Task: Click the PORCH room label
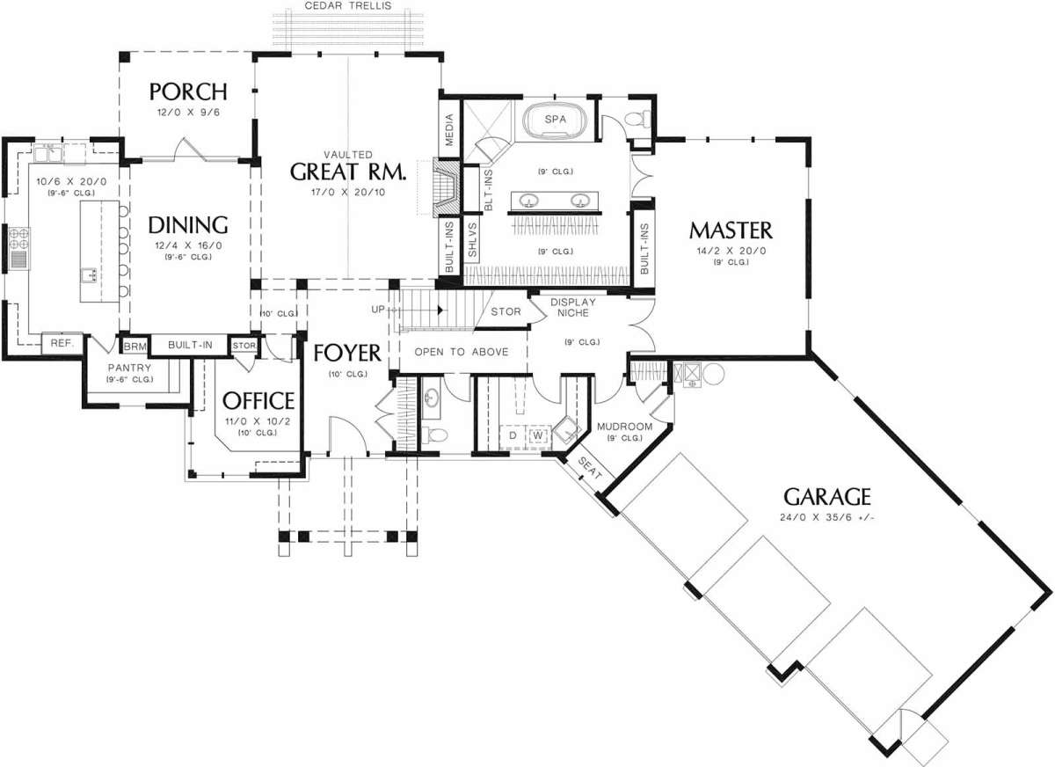188,91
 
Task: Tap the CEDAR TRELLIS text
348,6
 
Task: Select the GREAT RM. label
348,172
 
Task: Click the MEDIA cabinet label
449,129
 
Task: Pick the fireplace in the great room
446,188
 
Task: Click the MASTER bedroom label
731,230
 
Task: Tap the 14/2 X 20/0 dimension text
731,251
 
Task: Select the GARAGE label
827,497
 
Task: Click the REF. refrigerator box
62,343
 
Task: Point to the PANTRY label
129,368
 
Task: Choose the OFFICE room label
258,401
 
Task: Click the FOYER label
347,354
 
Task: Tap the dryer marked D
513,435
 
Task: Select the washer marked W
538,435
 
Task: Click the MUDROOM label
624,427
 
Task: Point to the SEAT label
589,468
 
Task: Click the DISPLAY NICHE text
572,307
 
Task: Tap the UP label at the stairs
378,310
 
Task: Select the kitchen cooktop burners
18,238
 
